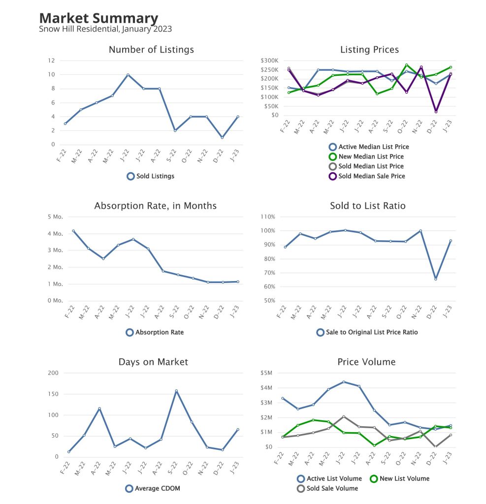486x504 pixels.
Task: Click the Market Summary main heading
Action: click(x=98, y=18)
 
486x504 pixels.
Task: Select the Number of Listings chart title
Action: click(x=151, y=50)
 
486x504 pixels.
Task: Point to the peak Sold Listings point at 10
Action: click(x=128, y=75)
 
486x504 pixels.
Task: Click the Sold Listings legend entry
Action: click(x=151, y=176)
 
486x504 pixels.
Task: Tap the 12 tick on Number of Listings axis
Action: click(x=51, y=61)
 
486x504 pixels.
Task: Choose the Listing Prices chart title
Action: click(x=369, y=50)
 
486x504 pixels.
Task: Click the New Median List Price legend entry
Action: click(x=371, y=157)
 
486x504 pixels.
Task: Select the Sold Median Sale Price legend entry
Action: click(x=371, y=176)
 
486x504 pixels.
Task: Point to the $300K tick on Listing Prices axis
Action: click(x=270, y=61)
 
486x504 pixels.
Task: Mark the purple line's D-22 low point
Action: click(x=435, y=112)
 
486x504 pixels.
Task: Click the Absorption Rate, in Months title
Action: click(x=155, y=206)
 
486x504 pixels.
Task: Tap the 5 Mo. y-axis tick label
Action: click(x=55, y=217)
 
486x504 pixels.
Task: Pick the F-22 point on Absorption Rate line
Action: click(x=73, y=231)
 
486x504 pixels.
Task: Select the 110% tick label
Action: click(x=268, y=217)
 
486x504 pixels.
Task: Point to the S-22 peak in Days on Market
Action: click(x=176, y=391)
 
